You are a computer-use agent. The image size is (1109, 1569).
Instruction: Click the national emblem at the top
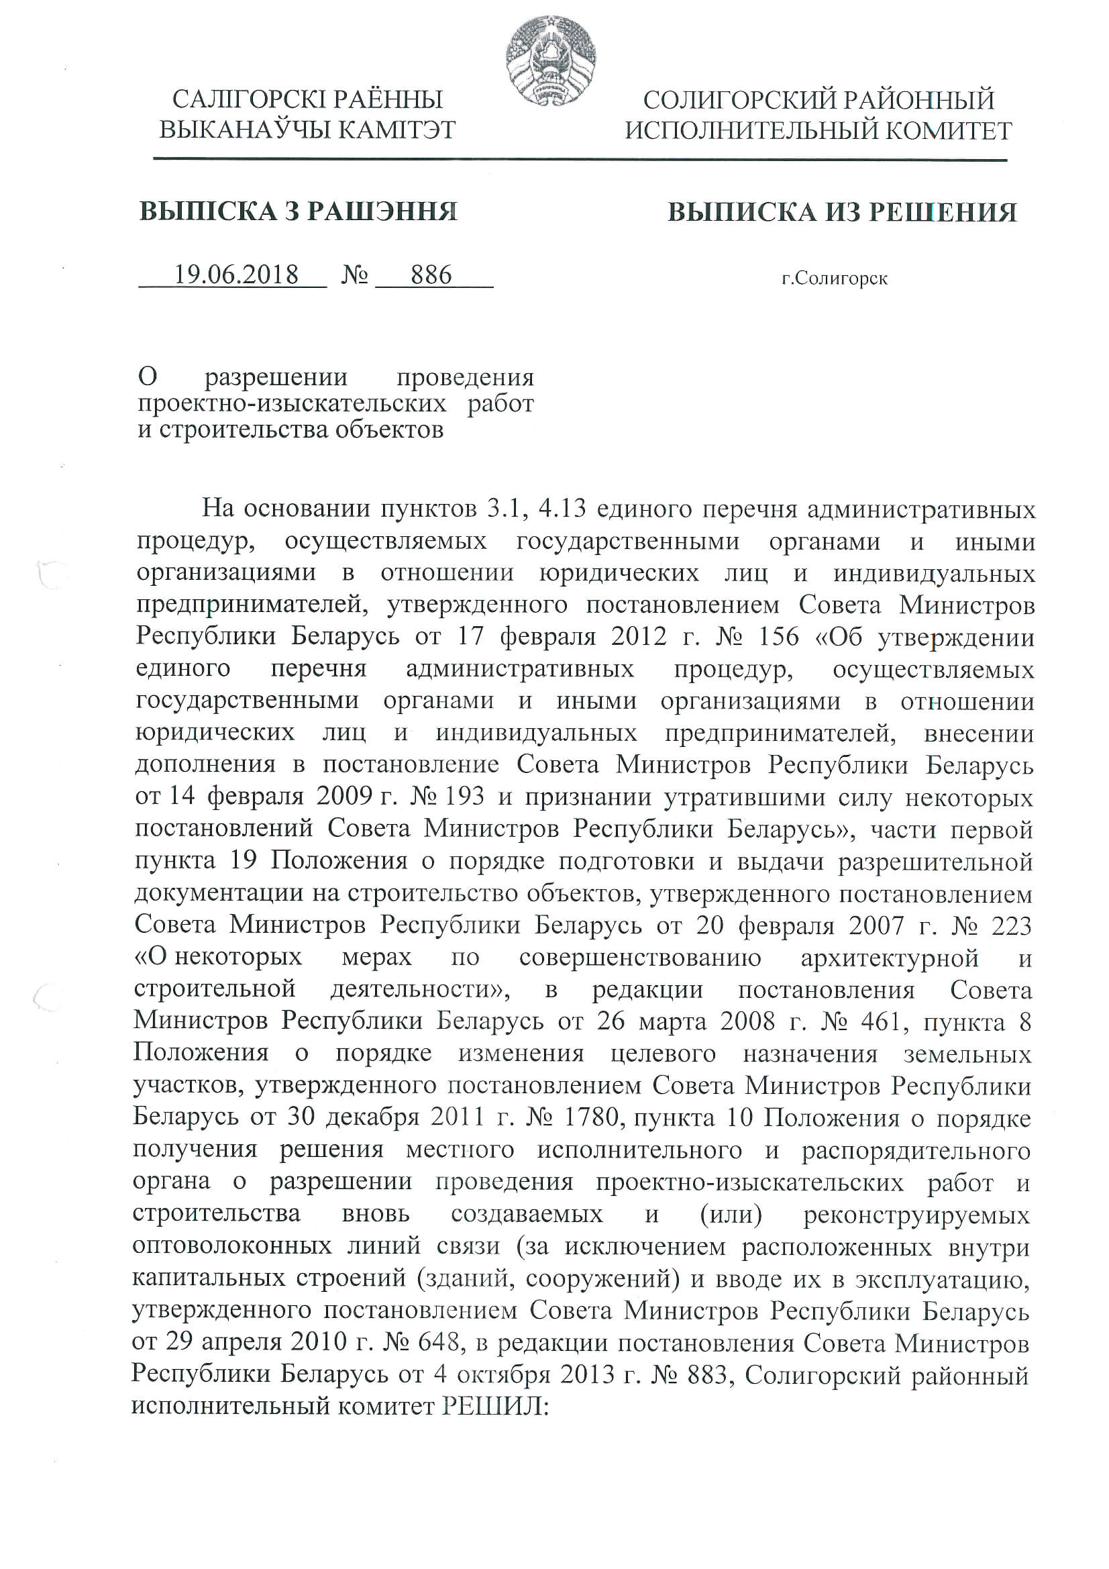coord(551,60)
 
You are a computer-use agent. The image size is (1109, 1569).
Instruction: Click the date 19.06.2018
coord(235,274)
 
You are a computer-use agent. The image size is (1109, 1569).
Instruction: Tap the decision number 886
coord(431,274)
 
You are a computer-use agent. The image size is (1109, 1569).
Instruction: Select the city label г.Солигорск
coord(835,278)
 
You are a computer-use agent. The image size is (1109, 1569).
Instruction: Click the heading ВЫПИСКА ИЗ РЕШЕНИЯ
coord(842,212)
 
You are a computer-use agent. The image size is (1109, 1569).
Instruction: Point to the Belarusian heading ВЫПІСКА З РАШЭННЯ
coord(298,211)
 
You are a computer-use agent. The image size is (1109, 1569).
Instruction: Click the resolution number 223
coord(1010,926)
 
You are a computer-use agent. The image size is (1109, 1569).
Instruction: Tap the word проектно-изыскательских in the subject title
coord(292,403)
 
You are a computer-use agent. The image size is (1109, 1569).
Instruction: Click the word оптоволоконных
coord(231,1246)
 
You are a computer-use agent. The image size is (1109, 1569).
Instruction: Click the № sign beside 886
coord(355,275)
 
